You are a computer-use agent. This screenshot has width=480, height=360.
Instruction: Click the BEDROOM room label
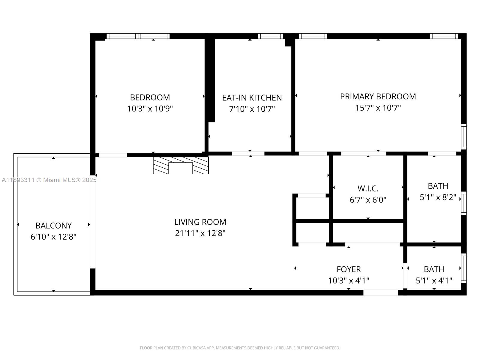click(x=150, y=97)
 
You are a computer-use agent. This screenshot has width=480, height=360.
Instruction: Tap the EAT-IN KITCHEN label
click(x=252, y=98)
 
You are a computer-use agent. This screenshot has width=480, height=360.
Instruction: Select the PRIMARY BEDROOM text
click(x=378, y=97)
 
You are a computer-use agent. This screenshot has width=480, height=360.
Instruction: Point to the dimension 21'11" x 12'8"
click(x=200, y=233)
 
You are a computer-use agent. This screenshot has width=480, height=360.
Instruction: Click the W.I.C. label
click(x=368, y=189)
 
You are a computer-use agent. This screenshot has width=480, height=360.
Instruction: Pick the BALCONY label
click(x=53, y=226)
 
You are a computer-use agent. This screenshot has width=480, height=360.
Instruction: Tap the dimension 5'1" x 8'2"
click(x=438, y=197)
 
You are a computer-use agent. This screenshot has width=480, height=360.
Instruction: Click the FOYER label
click(x=349, y=269)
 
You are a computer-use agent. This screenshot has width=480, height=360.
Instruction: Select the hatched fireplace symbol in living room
click(x=181, y=165)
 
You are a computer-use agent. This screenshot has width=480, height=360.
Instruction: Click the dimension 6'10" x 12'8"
click(x=53, y=237)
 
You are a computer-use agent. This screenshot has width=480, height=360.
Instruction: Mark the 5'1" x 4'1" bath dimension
click(x=434, y=280)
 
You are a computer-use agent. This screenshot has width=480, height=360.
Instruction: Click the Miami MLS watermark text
click(x=49, y=180)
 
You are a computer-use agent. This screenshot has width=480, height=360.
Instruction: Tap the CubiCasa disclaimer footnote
click(x=240, y=348)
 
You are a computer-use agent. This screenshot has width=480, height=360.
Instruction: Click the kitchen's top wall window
click(x=270, y=36)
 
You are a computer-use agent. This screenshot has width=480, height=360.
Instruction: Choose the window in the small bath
click(x=464, y=268)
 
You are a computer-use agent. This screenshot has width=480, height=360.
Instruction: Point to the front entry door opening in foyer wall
click(x=380, y=292)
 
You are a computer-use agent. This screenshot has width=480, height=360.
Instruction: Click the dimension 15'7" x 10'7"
click(x=378, y=108)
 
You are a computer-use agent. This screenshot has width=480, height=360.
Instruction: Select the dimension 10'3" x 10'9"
click(x=150, y=109)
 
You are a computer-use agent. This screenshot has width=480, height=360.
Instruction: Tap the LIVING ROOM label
click(x=200, y=222)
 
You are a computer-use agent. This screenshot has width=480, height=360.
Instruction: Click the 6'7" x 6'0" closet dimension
click(x=368, y=200)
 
